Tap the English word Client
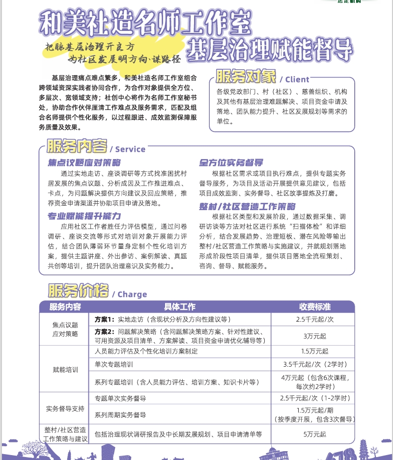coord(297,79)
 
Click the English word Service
coord(130,149)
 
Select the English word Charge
coord(132,294)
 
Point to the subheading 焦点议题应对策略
coord(84,162)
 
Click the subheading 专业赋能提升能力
coord(84,216)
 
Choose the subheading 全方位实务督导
coord(231,162)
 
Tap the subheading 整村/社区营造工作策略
coord(247,206)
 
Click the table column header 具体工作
coord(179,306)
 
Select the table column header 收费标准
coord(315,306)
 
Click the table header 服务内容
coord(65,306)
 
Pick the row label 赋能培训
coord(65,370)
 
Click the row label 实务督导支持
coord(65,408)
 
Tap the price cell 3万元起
coord(315,336)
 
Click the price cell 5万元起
coord(315,434)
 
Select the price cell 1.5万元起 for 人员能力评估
coord(315,351)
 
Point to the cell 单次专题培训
coord(114,365)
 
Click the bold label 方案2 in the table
coord(104,331)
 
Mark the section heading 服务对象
coord(246,77)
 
